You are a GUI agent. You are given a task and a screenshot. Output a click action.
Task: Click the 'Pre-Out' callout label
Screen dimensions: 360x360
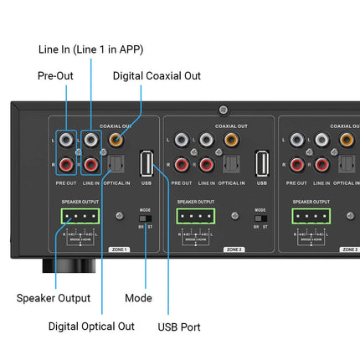(x=54, y=75)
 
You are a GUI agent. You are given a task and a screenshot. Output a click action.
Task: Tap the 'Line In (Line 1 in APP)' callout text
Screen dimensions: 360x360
(x=91, y=49)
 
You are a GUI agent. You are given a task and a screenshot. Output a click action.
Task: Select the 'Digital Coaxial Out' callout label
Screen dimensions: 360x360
(x=157, y=75)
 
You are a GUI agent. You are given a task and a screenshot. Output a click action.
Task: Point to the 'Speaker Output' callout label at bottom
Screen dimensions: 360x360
(x=54, y=297)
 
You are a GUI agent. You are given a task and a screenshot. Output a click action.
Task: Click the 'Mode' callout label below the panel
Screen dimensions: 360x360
(x=138, y=297)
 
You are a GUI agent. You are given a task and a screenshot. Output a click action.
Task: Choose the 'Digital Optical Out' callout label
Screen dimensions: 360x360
(x=91, y=326)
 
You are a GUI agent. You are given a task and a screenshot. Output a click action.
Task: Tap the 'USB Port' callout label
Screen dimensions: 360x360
(x=179, y=326)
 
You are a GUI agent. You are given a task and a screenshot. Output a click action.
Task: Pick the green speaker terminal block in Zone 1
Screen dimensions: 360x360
(x=80, y=216)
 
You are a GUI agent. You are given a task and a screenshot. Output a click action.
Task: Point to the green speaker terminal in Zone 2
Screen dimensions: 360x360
(x=195, y=216)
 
